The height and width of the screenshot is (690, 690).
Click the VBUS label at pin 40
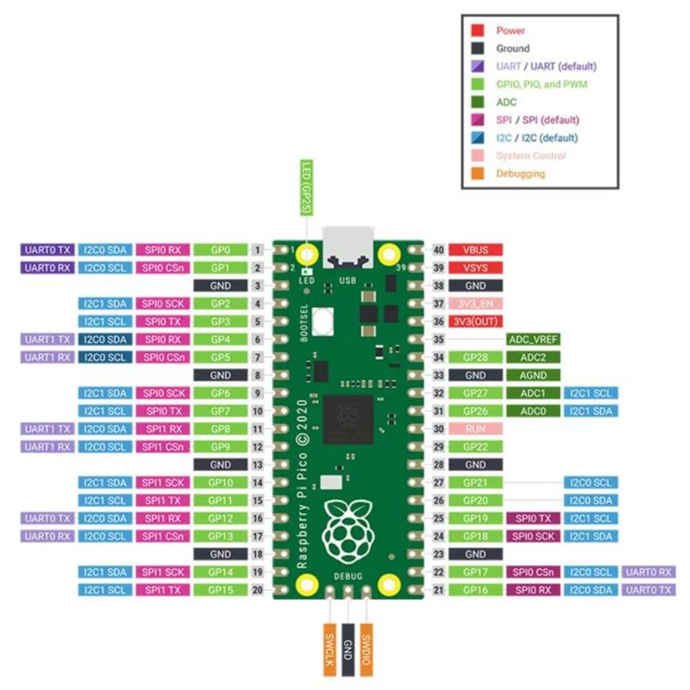click(475, 250)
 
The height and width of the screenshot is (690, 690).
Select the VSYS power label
click(475, 267)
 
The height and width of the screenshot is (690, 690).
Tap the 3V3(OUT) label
click(475, 322)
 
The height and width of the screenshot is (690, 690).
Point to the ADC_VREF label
click(535, 340)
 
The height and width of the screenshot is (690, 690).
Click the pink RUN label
click(475, 429)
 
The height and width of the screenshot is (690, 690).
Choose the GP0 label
click(219, 250)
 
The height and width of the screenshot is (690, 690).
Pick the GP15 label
click(219, 589)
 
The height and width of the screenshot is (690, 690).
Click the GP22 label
click(475, 447)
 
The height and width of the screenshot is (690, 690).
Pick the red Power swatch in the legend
click(477, 31)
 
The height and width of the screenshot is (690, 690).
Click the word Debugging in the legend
click(521, 173)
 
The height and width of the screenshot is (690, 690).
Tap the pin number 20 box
click(258, 589)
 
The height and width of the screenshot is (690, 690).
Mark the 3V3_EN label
click(475, 304)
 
